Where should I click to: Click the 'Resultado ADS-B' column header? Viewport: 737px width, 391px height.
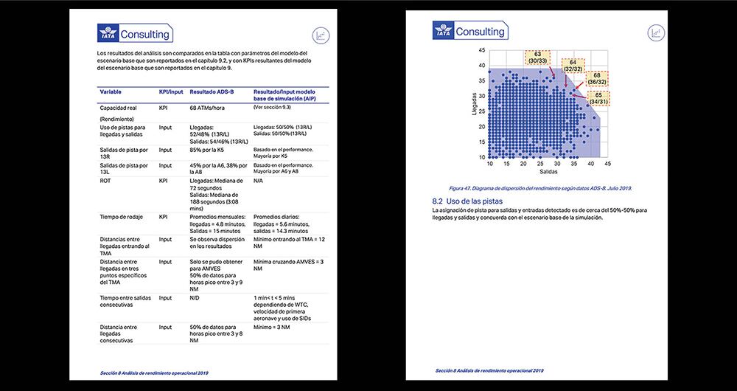(x=212, y=91)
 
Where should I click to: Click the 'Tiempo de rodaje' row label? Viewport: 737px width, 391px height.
(x=122, y=217)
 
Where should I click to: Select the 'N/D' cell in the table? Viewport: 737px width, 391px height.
(x=195, y=298)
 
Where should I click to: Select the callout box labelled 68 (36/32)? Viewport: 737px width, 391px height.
(x=597, y=78)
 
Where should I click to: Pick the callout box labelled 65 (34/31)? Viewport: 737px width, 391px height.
(x=598, y=99)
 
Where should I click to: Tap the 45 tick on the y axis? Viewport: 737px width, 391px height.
(x=482, y=50)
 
